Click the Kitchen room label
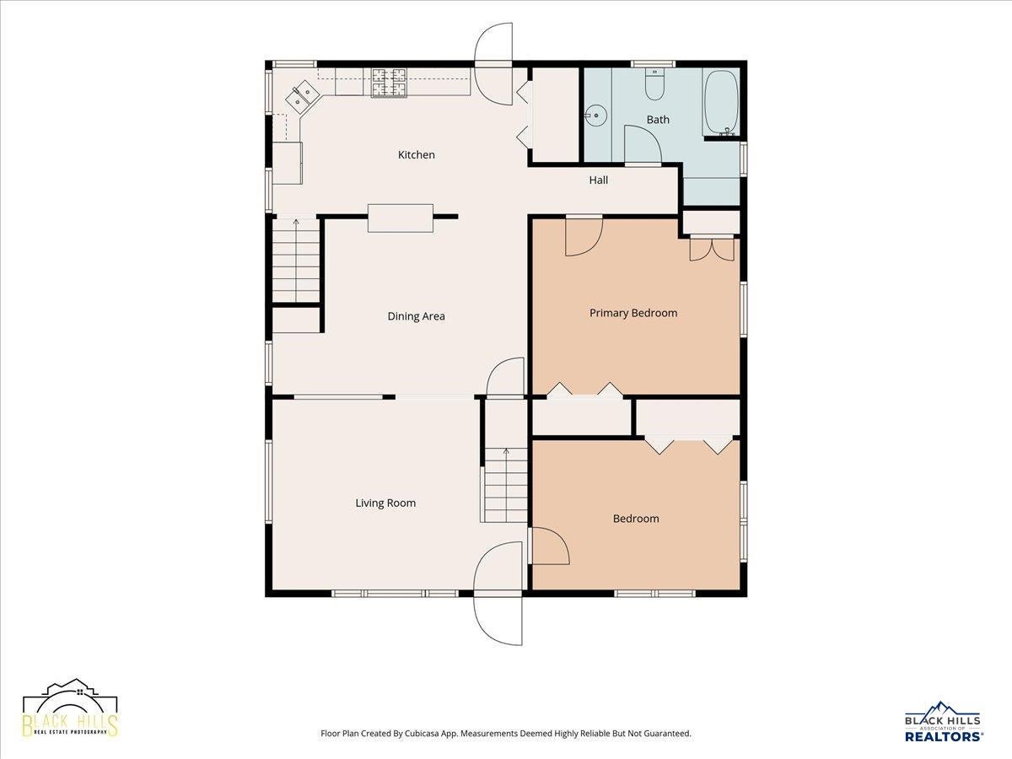point(416,155)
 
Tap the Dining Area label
point(416,316)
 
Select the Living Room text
point(385,503)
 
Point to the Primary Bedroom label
point(633,314)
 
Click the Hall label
point(599,180)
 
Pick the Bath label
point(658,120)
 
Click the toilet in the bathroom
point(654,83)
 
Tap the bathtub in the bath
point(722,103)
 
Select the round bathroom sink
point(596,116)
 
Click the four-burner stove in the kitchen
point(390,83)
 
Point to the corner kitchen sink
point(303,97)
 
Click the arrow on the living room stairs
point(506,485)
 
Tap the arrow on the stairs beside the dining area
point(296,261)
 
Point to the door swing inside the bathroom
point(643,143)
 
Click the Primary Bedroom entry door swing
point(584,237)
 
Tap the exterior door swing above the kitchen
point(493,63)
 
